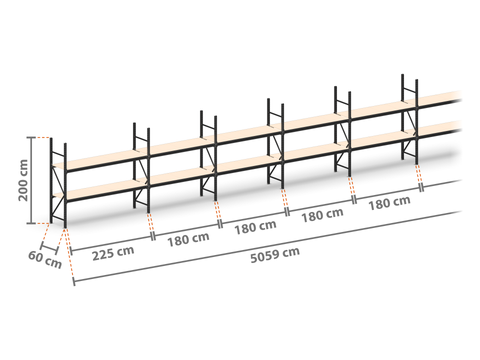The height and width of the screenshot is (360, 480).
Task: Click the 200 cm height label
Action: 23,180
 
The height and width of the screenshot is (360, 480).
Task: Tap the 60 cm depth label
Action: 45,260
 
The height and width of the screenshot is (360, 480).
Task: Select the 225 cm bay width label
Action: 113,253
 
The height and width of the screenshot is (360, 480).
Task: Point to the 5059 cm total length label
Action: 275,255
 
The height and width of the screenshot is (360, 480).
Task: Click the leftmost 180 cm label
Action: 188,239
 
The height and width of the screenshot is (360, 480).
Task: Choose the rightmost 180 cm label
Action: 389,203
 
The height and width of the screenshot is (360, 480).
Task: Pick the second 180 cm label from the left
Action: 255,227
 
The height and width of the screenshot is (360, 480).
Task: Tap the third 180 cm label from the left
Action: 322,215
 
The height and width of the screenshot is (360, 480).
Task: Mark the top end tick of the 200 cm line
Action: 32,137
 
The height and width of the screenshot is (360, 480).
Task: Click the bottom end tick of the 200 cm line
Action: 32,223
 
